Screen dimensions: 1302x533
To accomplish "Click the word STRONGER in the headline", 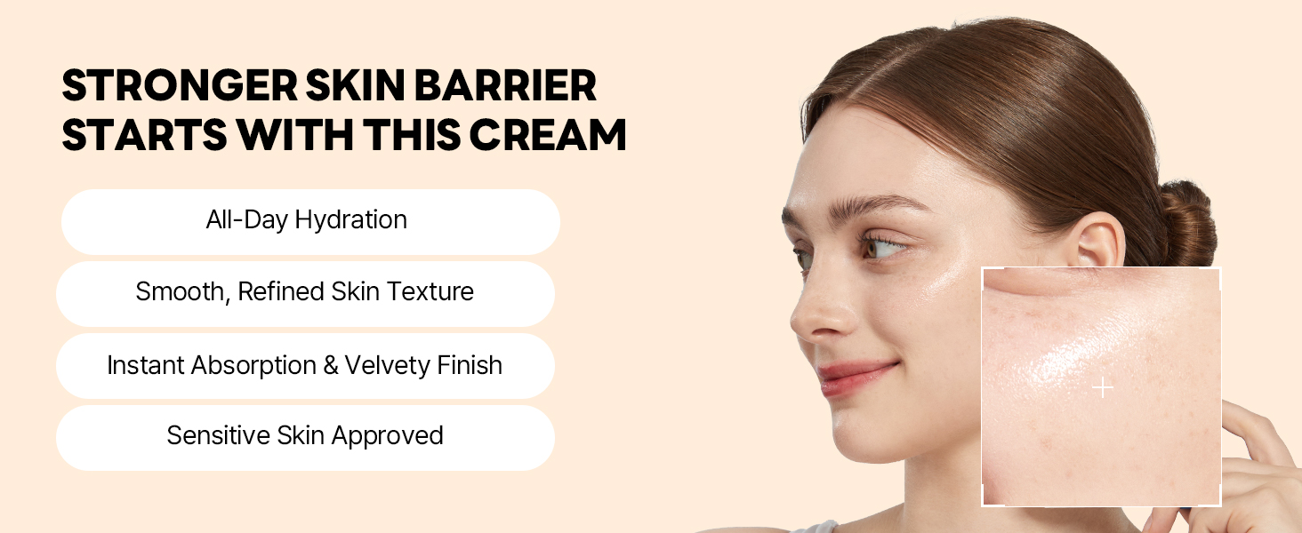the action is (x=180, y=85).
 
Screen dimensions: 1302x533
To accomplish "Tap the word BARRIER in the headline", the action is (x=505, y=85).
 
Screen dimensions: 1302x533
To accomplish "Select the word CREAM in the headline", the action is (x=548, y=135).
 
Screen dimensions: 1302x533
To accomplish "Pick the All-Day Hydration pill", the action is (x=310, y=221).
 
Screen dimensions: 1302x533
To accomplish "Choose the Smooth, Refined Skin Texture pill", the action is (x=305, y=293).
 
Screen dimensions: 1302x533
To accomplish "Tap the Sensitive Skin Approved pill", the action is (x=305, y=437).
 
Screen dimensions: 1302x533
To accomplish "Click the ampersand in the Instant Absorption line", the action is (x=330, y=365).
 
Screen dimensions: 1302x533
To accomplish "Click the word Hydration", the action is (x=350, y=220).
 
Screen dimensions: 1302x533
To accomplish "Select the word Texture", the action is (x=430, y=291).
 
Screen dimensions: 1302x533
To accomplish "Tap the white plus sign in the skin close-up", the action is (x=1103, y=387).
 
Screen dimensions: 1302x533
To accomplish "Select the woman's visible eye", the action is (x=881, y=246).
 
